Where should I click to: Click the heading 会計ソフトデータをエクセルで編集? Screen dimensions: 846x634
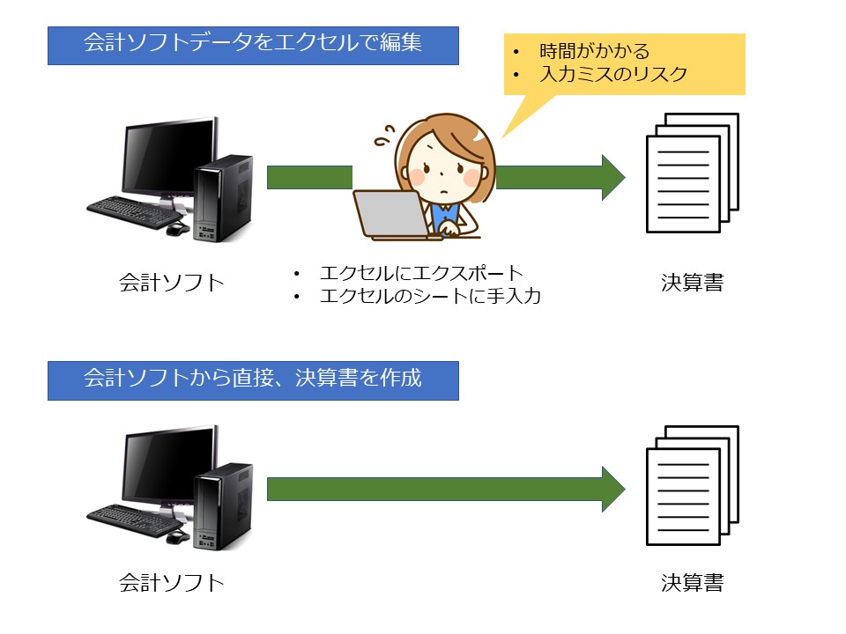click(253, 42)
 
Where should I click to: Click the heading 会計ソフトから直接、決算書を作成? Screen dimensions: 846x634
click(253, 378)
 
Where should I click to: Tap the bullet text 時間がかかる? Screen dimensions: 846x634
click(595, 51)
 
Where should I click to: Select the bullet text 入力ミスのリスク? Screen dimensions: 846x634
click(613, 74)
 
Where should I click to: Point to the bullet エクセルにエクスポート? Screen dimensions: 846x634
click(421, 273)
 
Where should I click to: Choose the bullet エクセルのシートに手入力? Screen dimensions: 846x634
click(430, 296)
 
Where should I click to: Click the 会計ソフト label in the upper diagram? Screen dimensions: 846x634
click(172, 283)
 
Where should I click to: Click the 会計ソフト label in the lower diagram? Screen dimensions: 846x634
click(172, 583)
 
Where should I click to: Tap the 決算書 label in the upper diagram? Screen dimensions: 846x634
click(693, 283)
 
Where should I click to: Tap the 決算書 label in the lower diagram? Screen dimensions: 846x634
click(693, 583)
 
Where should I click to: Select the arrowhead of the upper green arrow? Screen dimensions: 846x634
click(613, 177)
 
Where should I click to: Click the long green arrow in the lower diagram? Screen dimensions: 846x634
click(446, 489)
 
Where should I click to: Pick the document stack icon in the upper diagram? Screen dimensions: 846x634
click(693, 173)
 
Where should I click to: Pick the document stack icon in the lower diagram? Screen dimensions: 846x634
click(693, 485)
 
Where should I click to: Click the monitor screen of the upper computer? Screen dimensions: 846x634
click(168, 156)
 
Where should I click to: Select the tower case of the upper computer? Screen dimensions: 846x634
click(223, 198)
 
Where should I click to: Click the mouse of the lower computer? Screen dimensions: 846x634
click(177, 537)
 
